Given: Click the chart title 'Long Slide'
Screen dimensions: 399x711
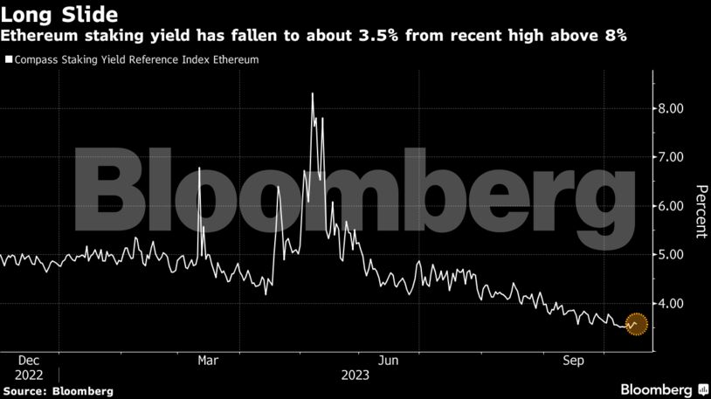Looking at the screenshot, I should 60,15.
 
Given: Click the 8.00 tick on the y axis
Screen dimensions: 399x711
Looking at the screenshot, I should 671,108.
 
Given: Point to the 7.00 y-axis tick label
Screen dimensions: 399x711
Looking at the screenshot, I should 671,157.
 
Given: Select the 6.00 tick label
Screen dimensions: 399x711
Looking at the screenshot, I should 671,206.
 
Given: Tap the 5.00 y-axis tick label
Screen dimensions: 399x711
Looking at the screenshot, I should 671,255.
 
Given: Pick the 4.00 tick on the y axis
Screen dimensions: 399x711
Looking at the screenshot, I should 671,304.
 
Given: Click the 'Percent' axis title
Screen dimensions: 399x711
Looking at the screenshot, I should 700,211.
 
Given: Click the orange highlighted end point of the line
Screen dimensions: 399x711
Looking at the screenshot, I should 636,324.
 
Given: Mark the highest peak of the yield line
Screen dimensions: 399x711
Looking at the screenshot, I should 313,93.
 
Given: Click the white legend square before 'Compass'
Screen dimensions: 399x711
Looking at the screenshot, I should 9,60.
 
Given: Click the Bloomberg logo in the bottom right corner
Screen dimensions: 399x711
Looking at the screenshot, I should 663,388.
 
